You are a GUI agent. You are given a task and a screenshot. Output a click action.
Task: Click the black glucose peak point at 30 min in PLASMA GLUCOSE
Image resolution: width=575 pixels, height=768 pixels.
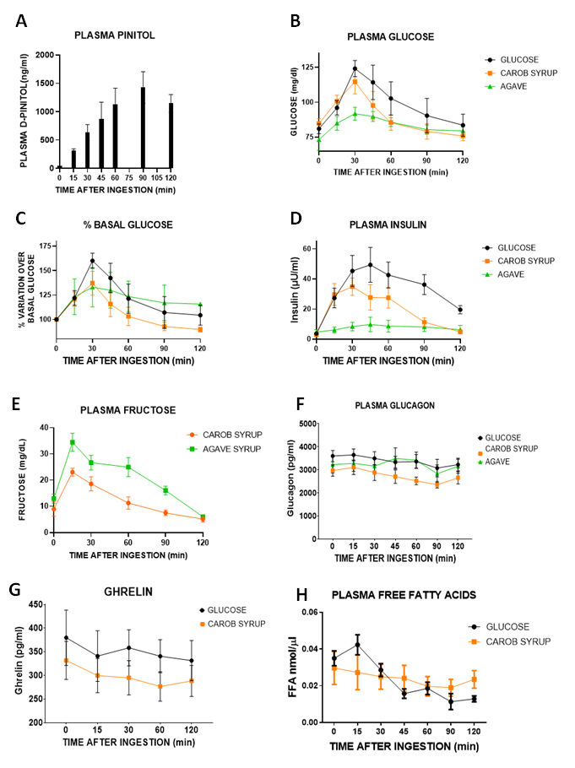(x=355, y=68)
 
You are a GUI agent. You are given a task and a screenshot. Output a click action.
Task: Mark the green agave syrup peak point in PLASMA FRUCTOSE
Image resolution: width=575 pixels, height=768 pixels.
(x=73, y=442)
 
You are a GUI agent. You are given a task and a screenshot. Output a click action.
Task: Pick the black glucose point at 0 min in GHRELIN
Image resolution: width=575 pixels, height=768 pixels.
(x=67, y=637)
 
